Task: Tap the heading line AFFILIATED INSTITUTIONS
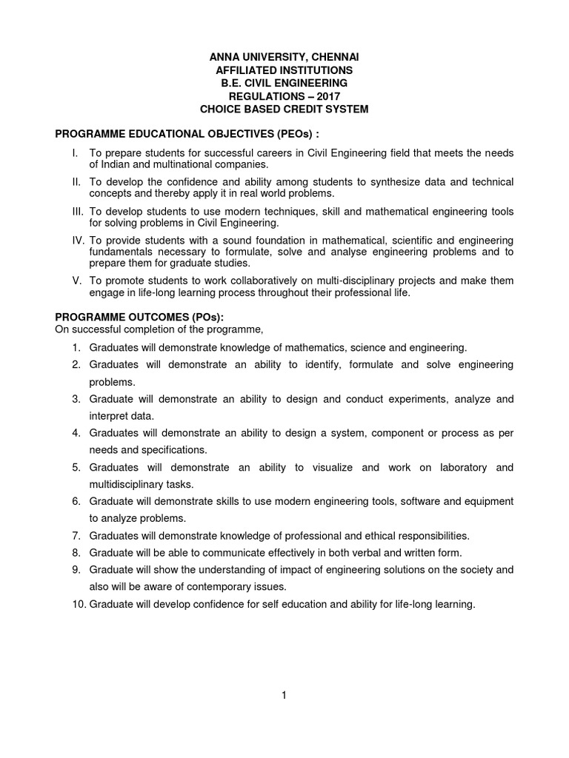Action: (284, 70)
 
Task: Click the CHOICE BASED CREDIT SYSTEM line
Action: (284, 110)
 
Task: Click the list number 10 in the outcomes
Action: (79, 604)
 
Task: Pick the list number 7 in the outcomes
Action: (76, 535)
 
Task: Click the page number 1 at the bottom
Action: (284, 694)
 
